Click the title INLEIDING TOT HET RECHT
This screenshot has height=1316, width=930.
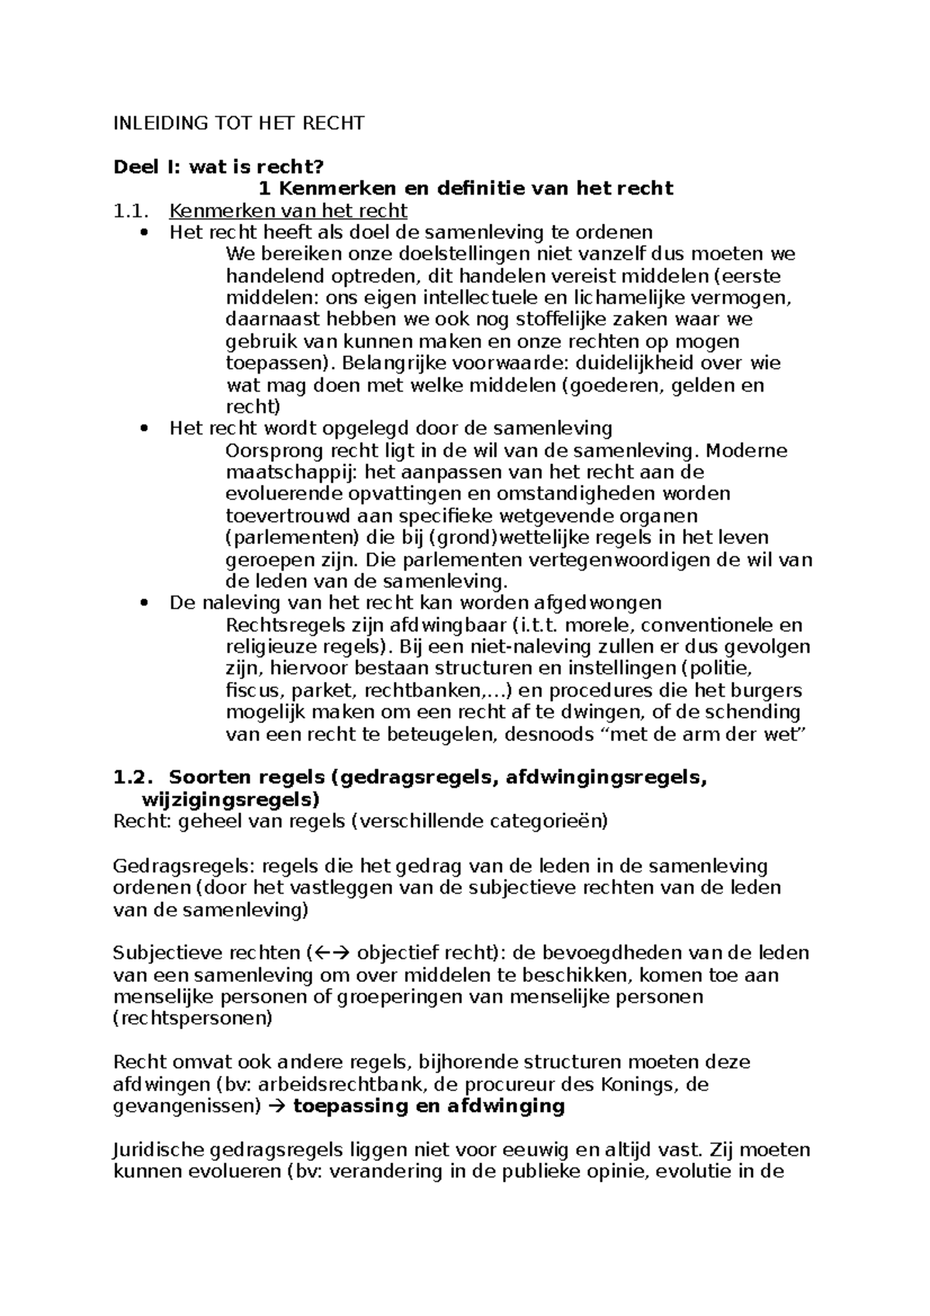(239, 123)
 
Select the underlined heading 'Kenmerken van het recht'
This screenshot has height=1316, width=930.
(288, 211)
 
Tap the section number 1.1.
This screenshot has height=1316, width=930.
(129, 211)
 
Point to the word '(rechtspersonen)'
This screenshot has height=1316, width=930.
(193, 1018)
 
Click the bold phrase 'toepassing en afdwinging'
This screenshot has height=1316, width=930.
(429, 1106)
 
